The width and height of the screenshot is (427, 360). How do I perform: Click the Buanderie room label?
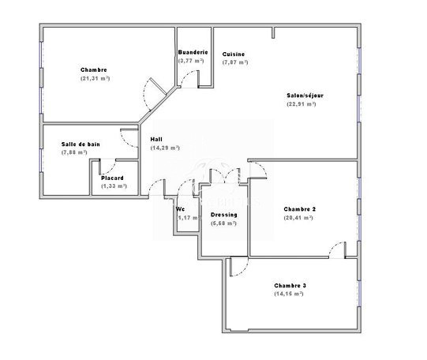click(x=193, y=52)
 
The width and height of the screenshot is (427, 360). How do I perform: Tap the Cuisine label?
click(x=234, y=54)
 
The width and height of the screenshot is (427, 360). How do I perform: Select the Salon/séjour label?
click(x=305, y=96)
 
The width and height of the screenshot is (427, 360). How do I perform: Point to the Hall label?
click(x=156, y=140)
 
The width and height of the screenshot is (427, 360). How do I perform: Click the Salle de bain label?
click(x=81, y=144)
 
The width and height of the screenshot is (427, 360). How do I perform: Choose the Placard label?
click(x=112, y=178)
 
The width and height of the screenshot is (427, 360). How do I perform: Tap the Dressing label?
click(x=224, y=215)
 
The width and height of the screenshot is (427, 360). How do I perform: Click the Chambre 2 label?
click(x=300, y=209)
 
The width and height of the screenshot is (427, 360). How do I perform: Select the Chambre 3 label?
click(x=290, y=286)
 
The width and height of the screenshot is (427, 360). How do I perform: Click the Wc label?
click(x=180, y=209)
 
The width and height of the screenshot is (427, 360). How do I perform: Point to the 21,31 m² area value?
click(x=95, y=78)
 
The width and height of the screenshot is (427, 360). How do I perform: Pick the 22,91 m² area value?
click(x=302, y=104)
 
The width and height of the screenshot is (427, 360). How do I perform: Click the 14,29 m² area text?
click(x=165, y=148)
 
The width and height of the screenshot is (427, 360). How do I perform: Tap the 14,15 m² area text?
click(x=289, y=294)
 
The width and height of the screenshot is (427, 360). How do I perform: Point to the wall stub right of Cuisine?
click(x=273, y=32)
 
